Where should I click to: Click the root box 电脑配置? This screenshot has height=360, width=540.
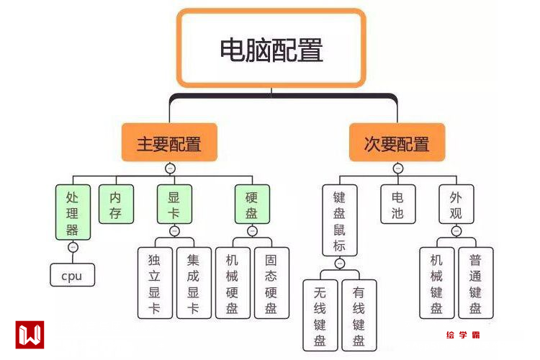(x=271, y=48)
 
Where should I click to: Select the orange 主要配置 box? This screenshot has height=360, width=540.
(x=170, y=142)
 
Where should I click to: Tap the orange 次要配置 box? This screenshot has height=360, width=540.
(x=397, y=142)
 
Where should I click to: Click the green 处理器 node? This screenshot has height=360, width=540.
(x=72, y=212)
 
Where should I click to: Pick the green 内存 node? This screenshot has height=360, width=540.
(x=115, y=204)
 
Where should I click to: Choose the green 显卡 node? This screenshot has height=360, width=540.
(x=174, y=204)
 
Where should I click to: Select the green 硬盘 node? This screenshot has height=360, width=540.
(x=252, y=204)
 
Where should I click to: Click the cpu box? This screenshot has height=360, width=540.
(x=72, y=275)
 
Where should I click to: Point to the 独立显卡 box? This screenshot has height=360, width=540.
(x=155, y=283)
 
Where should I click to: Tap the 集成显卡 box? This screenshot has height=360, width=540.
(x=194, y=283)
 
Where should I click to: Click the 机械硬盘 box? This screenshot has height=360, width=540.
(x=233, y=283)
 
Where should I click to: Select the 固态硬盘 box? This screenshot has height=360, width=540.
(x=271, y=283)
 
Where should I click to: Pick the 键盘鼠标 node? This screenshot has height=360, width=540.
(x=339, y=221)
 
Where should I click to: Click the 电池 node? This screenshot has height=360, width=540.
(x=397, y=204)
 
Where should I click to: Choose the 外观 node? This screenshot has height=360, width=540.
(x=456, y=204)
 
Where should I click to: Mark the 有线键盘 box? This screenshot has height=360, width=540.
(x=359, y=315)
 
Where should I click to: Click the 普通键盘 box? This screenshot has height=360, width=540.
(x=476, y=283)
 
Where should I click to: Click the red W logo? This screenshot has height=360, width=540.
(x=30, y=335)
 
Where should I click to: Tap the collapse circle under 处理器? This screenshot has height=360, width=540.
(x=72, y=248)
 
